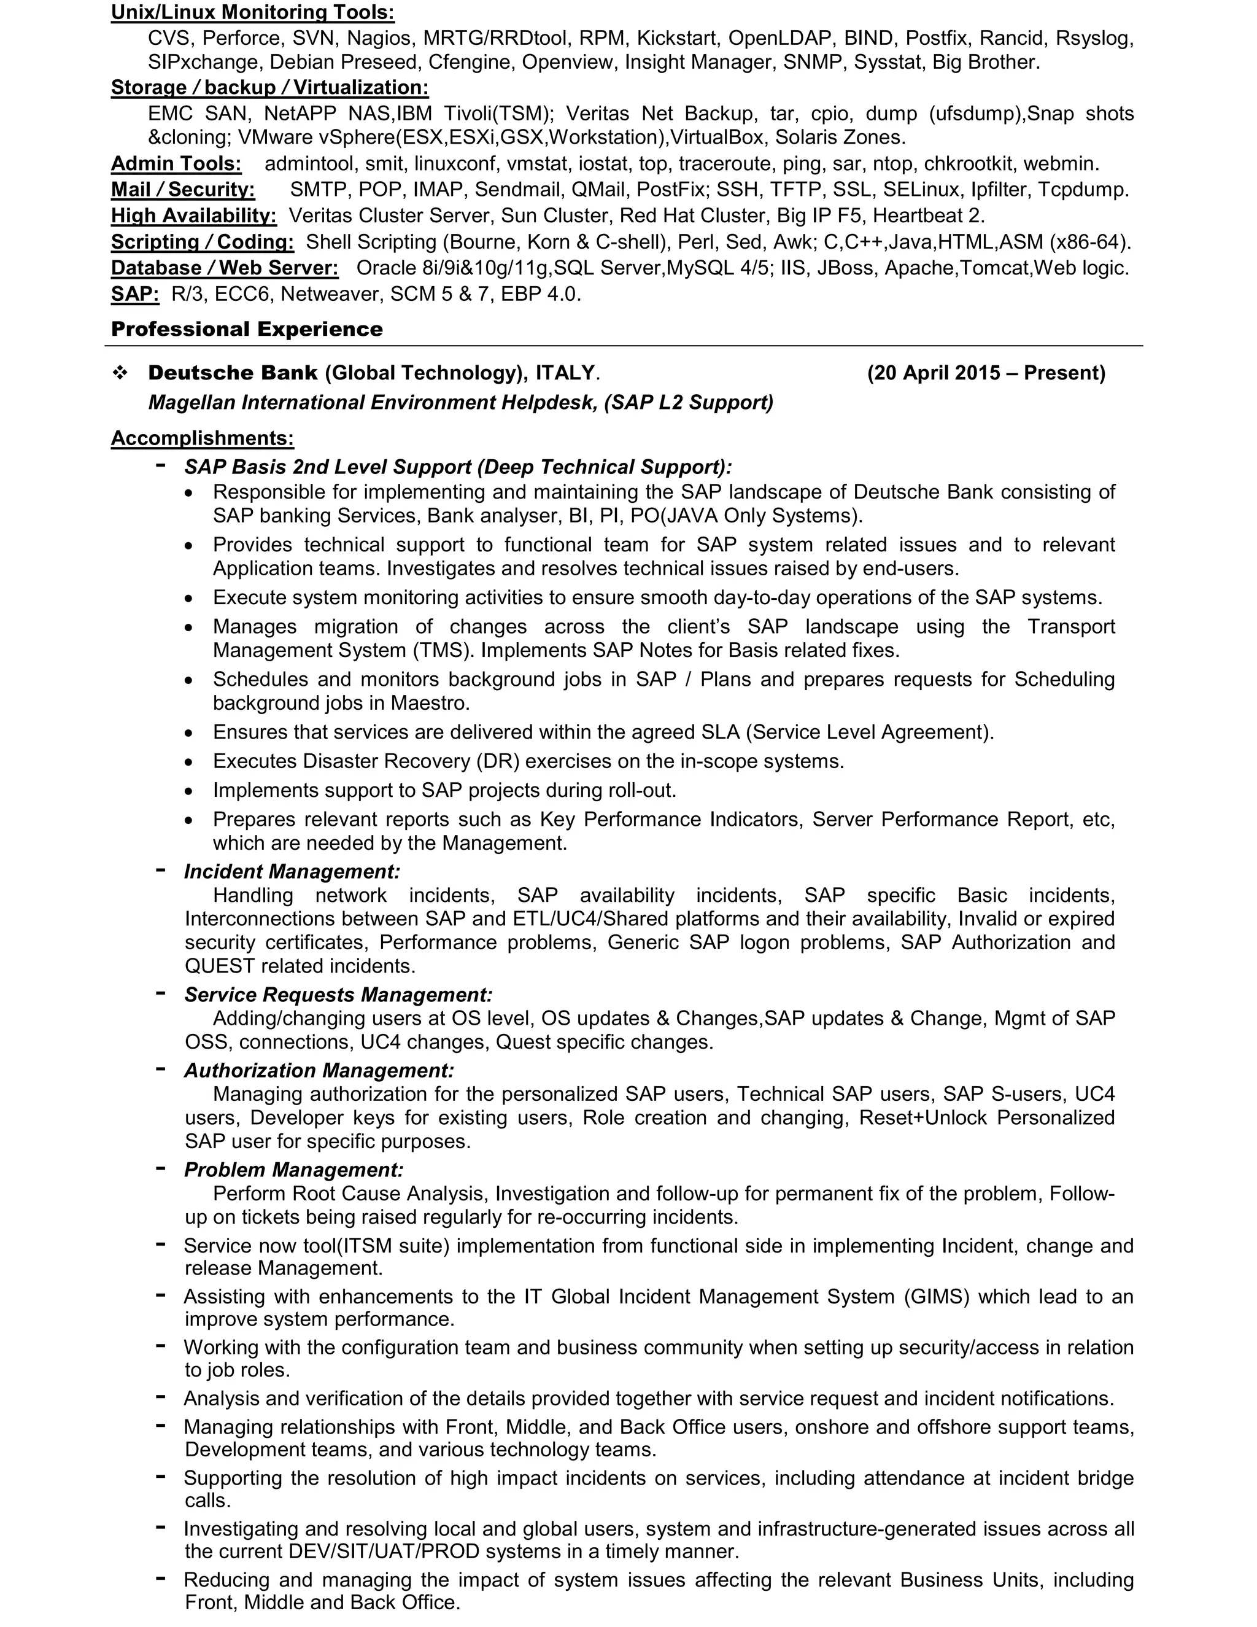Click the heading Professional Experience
247,329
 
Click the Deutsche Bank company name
233,373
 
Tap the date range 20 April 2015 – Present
985,373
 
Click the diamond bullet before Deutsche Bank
120,373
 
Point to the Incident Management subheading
292,872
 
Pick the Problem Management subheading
293,1170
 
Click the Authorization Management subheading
319,1071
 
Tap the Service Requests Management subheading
338,995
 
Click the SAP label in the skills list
135,294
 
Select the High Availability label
193,216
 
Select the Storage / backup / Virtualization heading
269,88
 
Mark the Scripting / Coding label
202,242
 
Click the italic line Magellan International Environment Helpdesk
373,403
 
